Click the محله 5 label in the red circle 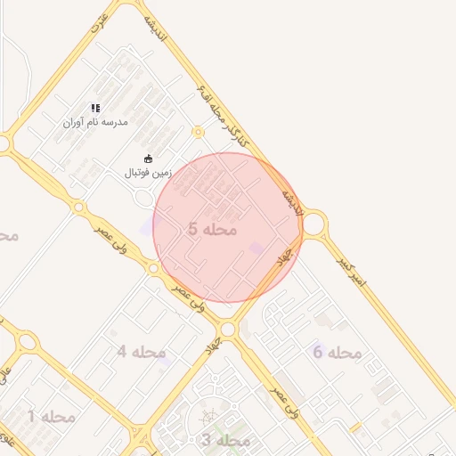pos(213,230)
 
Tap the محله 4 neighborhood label pos(142,352)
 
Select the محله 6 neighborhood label pos(338,353)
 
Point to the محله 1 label pos(51,416)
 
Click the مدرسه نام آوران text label pos(95,121)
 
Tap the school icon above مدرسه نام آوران pos(95,108)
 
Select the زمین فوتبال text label pos(149,172)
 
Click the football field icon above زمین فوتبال pos(148,159)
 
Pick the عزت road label pos(100,22)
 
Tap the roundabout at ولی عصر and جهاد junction pos(228,330)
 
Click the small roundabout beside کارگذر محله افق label pos(198,132)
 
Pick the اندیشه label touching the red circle pos(293,200)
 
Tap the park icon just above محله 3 pos(208,416)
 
